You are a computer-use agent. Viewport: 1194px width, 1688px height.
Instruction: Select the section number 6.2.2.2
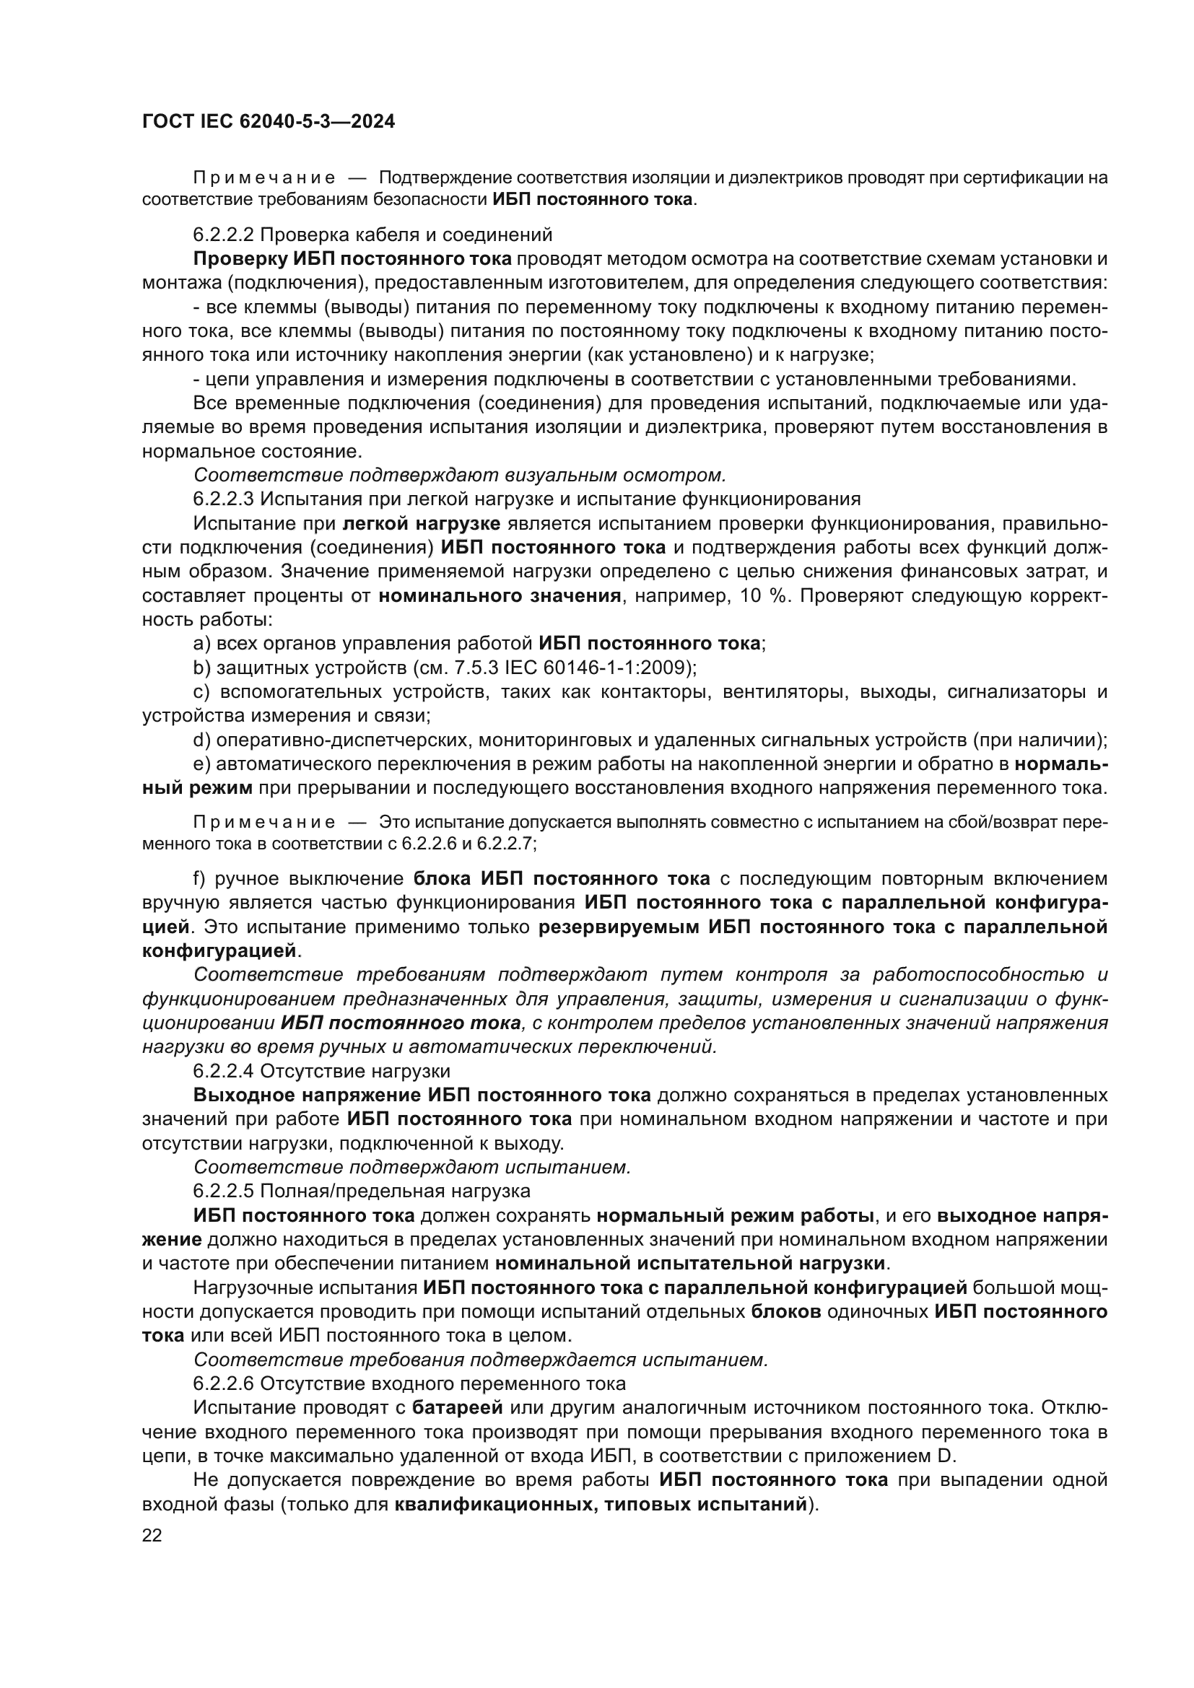[x=223, y=235]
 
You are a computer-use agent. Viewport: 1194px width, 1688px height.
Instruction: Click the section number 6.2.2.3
[x=223, y=499]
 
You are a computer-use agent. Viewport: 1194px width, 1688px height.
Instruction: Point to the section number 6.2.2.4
[x=223, y=1071]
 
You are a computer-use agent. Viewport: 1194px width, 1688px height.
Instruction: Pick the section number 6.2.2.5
[x=223, y=1190]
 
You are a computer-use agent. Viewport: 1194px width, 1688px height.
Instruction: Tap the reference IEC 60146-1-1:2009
[x=608, y=668]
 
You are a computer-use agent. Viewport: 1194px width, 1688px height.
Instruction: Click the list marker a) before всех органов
[x=201, y=644]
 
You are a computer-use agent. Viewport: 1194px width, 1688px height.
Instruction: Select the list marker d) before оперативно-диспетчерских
[x=201, y=740]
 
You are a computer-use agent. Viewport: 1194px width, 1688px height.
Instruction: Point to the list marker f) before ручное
[x=200, y=878]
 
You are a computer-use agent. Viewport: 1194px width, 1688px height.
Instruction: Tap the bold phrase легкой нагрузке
[x=422, y=523]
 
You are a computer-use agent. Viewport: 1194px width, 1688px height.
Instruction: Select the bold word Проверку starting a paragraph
[x=240, y=259]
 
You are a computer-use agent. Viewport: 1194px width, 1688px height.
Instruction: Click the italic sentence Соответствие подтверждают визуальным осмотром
[x=460, y=475]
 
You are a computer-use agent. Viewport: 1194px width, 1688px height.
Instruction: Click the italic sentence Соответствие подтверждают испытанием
[x=412, y=1167]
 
